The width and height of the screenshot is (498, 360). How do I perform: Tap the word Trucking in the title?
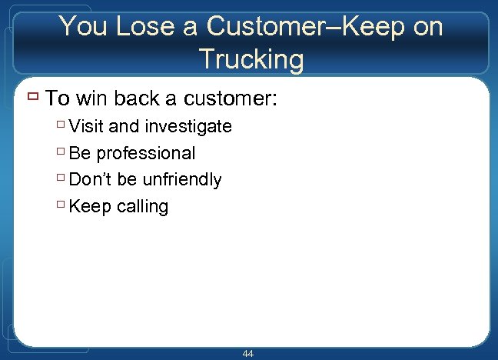(x=251, y=58)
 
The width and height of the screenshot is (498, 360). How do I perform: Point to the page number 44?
(x=247, y=353)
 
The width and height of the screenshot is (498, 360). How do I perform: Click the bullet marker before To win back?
(x=32, y=98)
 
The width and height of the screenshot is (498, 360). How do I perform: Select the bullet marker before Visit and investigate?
(x=61, y=125)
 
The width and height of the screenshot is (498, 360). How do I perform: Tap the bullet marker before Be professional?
(x=61, y=152)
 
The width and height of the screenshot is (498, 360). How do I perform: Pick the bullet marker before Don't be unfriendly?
(x=61, y=178)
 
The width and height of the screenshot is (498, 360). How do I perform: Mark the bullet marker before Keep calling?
(x=61, y=205)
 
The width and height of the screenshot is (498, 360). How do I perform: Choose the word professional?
(x=146, y=153)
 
